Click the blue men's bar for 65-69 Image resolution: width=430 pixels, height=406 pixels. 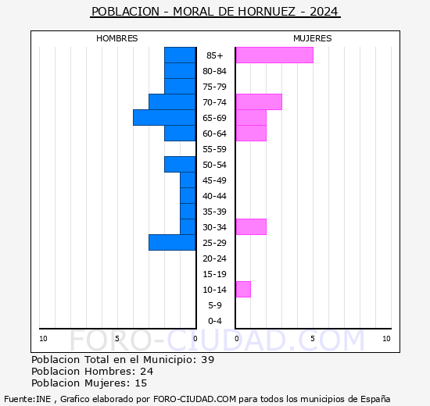pyautogui.click(x=164, y=118)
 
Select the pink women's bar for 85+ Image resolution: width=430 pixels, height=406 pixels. pyautogui.click(x=274, y=55)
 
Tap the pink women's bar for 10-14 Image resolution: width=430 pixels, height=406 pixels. pyautogui.click(x=243, y=290)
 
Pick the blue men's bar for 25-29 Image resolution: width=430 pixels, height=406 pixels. pyautogui.click(x=172, y=243)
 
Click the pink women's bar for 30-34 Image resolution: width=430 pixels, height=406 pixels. pyautogui.click(x=251, y=227)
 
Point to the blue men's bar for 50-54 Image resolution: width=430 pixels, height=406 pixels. pyautogui.click(x=180, y=165)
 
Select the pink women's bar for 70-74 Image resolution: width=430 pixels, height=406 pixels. pyautogui.click(x=259, y=102)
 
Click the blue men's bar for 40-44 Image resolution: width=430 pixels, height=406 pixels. pyautogui.click(x=188, y=196)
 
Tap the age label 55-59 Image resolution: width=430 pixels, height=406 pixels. pyautogui.click(x=214, y=149)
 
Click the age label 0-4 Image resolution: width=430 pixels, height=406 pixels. pyautogui.click(x=215, y=321)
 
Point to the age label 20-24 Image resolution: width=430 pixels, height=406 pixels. pyautogui.click(x=214, y=258)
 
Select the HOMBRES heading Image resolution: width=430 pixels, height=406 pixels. pyautogui.click(x=116, y=38)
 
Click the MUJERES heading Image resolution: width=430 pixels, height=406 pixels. pyautogui.click(x=313, y=38)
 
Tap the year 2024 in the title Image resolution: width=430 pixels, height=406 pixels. pyautogui.click(x=324, y=12)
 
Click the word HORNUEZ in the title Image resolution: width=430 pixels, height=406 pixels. pyautogui.click(x=267, y=12)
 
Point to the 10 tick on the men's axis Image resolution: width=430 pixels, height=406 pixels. pyautogui.click(x=43, y=339)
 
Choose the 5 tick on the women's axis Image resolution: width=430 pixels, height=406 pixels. pyautogui.click(x=313, y=339)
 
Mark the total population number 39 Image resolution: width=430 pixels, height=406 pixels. pyautogui.click(x=208, y=359)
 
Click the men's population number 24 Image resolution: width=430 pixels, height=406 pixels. pyautogui.click(x=147, y=371)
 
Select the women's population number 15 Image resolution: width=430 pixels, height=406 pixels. pyautogui.click(x=141, y=383)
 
